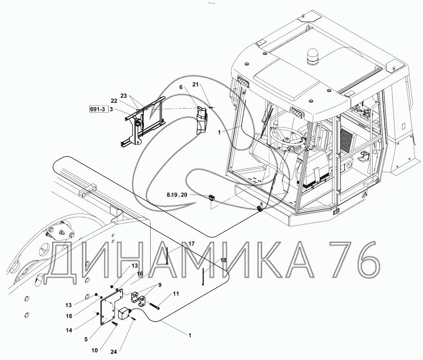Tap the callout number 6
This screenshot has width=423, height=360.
(181, 87)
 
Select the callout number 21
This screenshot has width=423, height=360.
(195, 84)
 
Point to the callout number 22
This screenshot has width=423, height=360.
(114, 101)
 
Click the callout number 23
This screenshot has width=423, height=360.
(124, 96)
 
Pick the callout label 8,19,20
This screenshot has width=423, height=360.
(177, 195)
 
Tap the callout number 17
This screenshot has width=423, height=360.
(191, 244)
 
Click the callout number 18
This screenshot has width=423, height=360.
(223, 260)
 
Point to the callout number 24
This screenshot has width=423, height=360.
(114, 352)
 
